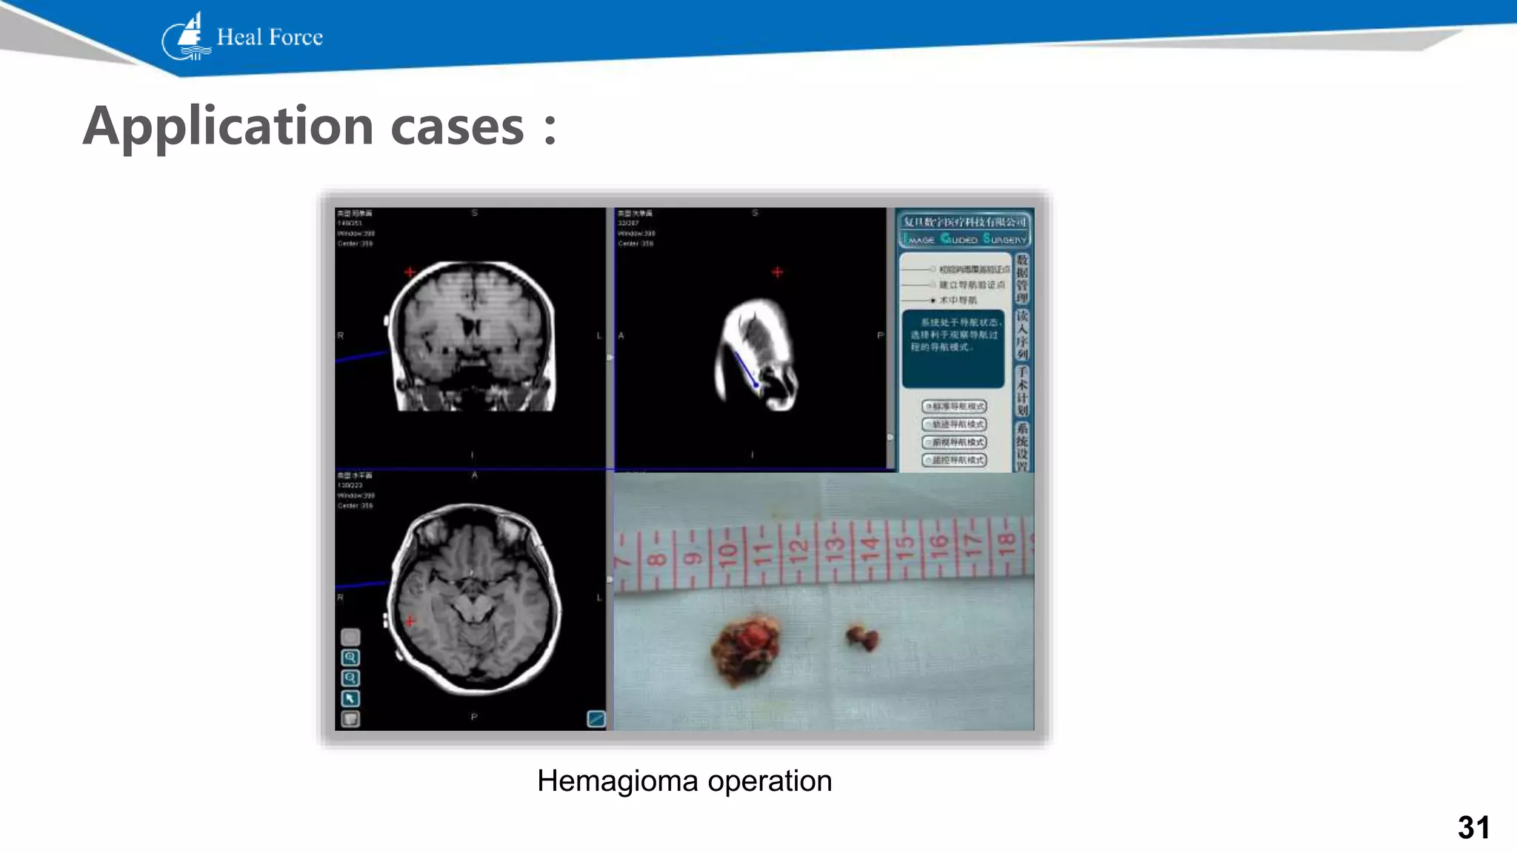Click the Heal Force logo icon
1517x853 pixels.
coord(186,37)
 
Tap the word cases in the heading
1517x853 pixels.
coord(457,126)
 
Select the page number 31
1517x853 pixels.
coord(1473,827)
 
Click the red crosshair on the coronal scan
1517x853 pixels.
coord(410,272)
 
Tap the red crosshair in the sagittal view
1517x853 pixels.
coord(777,272)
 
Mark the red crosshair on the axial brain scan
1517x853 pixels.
coord(410,620)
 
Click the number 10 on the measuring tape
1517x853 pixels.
coord(727,552)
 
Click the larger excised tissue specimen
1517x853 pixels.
coord(747,646)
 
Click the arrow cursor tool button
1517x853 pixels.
coord(350,698)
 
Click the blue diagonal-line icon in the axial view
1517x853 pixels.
coord(596,718)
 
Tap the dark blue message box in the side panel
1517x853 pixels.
coord(953,348)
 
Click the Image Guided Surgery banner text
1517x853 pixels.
coord(964,239)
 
